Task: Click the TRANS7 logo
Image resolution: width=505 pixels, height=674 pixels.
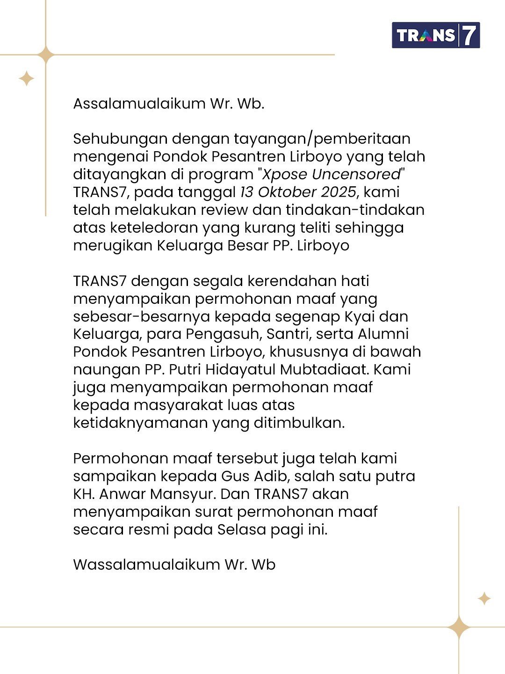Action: coord(436,35)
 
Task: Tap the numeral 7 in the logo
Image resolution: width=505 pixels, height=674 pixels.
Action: coord(469,35)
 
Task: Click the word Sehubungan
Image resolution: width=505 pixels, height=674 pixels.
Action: coord(119,139)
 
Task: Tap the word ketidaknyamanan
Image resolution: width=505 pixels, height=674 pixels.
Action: coord(140,423)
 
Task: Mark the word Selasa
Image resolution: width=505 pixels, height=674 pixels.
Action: coord(239,530)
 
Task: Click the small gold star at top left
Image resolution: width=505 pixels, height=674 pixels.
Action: coord(27,78)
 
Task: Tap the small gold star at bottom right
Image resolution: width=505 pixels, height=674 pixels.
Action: coord(484,598)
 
